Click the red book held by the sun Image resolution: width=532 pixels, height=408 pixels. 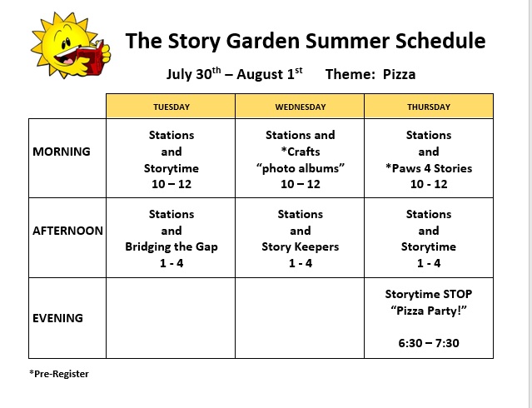[x=91, y=57]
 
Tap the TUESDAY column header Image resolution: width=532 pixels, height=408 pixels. [x=172, y=107]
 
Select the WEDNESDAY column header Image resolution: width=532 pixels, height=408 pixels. [x=301, y=107]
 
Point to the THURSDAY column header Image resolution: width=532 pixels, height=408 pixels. [x=429, y=107]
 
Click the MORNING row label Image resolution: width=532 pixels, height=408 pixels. [x=62, y=152]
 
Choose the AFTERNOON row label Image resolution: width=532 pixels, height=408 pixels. [x=67, y=231]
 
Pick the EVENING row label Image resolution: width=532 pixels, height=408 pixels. [x=57, y=318]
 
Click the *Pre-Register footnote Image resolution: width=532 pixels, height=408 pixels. [x=59, y=374]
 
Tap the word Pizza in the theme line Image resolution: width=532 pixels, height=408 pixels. [x=399, y=74]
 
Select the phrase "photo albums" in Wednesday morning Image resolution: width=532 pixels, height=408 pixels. [x=301, y=168]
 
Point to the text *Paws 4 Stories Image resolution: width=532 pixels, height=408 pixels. [x=429, y=168]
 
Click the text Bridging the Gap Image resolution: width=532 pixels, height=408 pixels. [x=172, y=246]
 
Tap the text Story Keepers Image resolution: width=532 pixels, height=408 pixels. [x=301, y=246]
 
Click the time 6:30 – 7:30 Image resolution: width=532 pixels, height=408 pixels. [x=429, y=343]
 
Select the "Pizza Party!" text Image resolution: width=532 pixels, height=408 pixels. [x=429, y=311]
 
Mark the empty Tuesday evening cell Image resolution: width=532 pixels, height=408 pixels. [x=171, y=318]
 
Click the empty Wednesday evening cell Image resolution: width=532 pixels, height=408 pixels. [x=300, y=318]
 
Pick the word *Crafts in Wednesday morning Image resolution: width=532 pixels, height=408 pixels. [x=301, y=152]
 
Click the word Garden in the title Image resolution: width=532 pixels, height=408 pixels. [x=263, y=41]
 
